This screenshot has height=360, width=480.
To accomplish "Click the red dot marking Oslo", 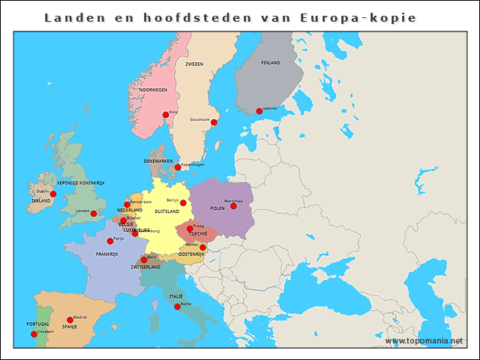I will (x=166, y=115).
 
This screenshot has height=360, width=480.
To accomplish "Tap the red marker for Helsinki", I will (x=259, y=111).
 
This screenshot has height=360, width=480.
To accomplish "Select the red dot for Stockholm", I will (x=214, y=122).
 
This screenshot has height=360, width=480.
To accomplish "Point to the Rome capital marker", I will (x=178, y=306).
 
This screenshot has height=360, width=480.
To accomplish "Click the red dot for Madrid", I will (x=70, y=320).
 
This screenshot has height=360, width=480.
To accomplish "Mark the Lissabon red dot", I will (x=34, y=334).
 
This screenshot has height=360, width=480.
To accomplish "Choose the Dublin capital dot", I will (x=52, y=193).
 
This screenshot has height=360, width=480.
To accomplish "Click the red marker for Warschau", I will (x=233, y=205).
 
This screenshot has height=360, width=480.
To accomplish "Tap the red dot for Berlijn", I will (x=183, y=202).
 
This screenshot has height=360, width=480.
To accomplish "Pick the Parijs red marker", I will (x=110, y=241).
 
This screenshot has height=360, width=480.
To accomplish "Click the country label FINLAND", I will (x=270, y=63).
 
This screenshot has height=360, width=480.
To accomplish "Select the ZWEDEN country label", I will (x=194, y=64).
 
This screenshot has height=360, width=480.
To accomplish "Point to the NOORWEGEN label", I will (x=153, y=89).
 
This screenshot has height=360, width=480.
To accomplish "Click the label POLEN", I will (x=217, y=208).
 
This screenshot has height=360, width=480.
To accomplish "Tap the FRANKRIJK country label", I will (x=107, y=254).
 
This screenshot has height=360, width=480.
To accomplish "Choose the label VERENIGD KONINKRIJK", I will (x=81, y=183).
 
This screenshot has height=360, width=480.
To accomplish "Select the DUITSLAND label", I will (x=166, y=211).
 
